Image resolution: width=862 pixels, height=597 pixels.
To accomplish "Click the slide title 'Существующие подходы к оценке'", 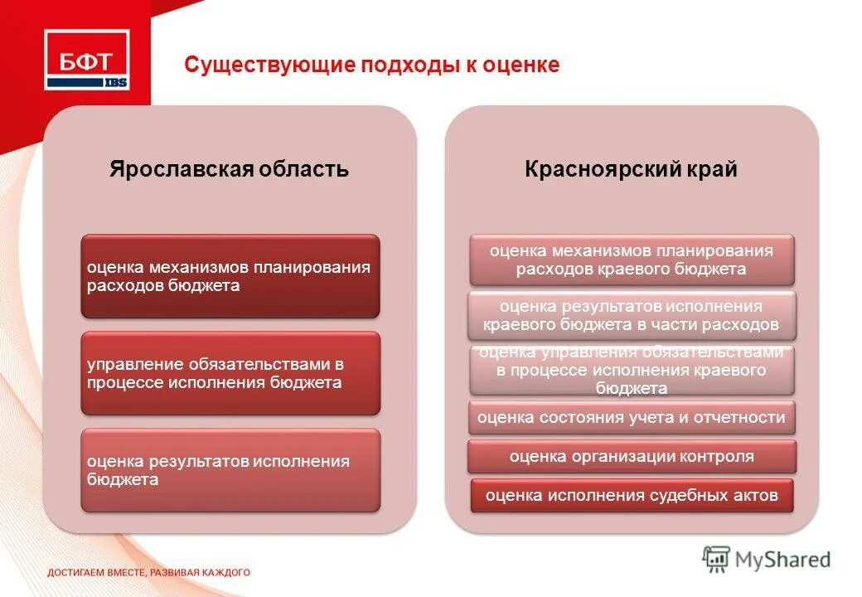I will click(x=371, y=65).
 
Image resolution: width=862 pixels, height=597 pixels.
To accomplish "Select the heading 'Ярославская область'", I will click(x=230, y=170).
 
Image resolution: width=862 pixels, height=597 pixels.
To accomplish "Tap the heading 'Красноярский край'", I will click(x=631, y=170).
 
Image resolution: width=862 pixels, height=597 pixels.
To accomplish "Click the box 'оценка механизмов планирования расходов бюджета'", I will click(x=230, y=276).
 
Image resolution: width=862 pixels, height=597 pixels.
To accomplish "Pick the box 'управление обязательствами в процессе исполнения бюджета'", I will click(x=230, y=373).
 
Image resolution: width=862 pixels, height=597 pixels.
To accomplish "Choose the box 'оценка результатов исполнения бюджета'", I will click(x=230, y=470).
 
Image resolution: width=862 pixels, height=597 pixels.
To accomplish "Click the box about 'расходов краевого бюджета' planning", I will click(x=631, y=260).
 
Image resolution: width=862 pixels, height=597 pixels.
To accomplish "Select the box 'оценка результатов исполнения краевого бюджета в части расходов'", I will click(x=631, y=315).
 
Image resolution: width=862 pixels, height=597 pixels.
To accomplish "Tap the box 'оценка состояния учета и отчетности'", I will click(x=631, y=418).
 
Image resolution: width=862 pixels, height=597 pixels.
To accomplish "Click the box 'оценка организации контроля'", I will click(x=631, y=456).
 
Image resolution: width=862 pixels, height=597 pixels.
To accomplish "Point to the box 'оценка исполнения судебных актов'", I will click(x=631, y=495).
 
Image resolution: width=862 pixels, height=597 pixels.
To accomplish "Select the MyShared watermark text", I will click(x=783, y=560).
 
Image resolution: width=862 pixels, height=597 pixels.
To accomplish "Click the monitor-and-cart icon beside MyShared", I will click(x=717, y=559).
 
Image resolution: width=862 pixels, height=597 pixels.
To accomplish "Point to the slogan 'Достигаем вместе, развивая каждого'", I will click(x=148, y=572).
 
